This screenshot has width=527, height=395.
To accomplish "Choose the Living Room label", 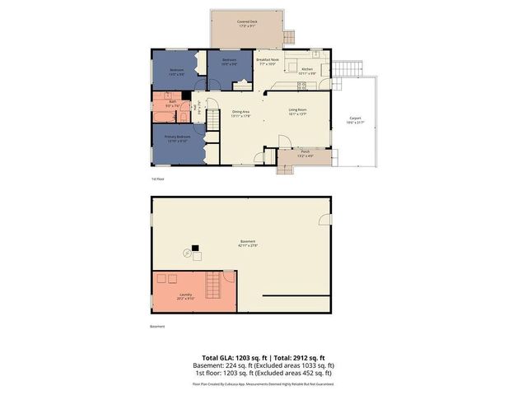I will pos(297,111).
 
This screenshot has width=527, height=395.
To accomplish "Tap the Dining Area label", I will pos(241,113).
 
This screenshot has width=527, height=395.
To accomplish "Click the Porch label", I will pos(305,153).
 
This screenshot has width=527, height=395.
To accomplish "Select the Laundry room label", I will pos(185,295).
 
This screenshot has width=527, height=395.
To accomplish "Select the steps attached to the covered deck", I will pos(289,37).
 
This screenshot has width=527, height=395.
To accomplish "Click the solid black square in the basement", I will pos(196,247).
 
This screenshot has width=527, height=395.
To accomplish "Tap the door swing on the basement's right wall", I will pos(325,219).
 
